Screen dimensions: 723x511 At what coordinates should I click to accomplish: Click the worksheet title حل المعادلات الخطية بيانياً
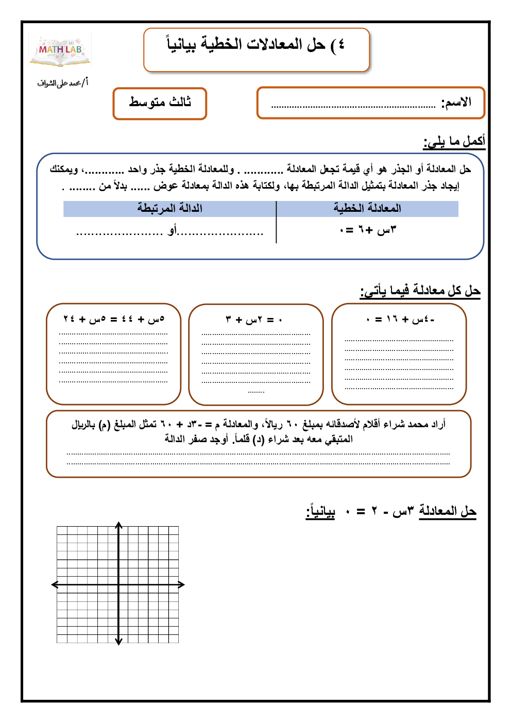pos(256,45)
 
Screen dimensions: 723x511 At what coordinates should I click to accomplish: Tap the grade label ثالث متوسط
pos(160,102)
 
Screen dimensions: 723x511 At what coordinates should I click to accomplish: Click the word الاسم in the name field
pos(456,102)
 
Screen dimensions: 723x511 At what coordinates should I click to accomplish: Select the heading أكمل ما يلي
pos(454,141)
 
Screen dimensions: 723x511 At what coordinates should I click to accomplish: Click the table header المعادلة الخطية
pos(367,208)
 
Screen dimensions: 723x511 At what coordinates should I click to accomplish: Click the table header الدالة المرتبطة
pos(169,208)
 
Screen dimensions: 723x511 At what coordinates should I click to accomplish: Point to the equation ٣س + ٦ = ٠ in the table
pos(368,230)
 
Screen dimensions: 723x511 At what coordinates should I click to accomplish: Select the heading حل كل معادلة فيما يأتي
pos(420,291)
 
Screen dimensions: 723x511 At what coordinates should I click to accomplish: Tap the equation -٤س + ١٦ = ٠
pos(400,320)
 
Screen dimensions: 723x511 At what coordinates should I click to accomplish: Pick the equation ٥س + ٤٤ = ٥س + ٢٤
pos(114,320)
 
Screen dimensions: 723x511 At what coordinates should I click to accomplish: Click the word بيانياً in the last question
pos(320,512)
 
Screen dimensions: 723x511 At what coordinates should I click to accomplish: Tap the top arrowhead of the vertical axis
pos(119,525)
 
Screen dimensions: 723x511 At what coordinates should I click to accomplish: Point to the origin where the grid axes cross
pos(119,584)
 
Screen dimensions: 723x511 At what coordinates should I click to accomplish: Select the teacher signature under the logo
pos(62,82)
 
